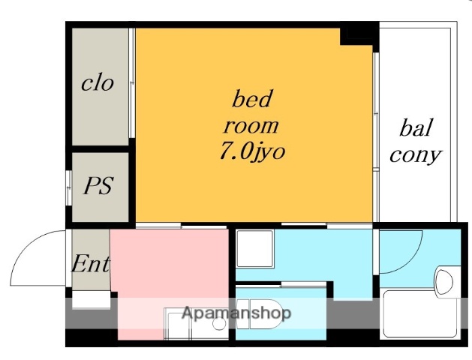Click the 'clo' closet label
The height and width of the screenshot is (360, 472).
(x=98, y=83)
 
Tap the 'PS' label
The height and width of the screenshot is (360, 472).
(x=98, y=185)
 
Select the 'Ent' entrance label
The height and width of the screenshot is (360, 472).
(x=91, y=264)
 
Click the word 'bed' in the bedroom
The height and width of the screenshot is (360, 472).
(x=252, y=99)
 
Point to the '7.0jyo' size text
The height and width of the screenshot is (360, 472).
(x=252, y=151)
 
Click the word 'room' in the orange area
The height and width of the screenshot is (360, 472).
(x=251, y=126)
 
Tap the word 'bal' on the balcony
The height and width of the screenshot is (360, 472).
(x=416, y=127)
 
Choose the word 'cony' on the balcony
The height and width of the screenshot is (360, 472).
(x=416, y=155)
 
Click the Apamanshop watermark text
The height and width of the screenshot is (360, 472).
(x=236, y=313)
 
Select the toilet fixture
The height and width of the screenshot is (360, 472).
(x=260, y=313)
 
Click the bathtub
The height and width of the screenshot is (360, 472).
(x=420, y=313)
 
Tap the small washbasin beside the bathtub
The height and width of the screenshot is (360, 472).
(x=444, y=282)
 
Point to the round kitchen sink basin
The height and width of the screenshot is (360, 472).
(x=219, y=323)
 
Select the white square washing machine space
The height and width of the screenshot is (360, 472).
(x=255, y=249)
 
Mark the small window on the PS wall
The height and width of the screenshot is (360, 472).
(x=69, y=188)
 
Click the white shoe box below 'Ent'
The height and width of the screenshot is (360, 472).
(x=92, y=299)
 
